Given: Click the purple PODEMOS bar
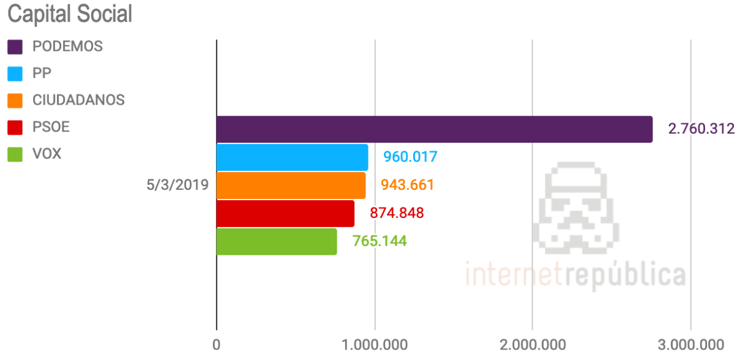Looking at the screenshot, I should [434, 129].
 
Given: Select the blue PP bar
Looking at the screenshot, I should [292, 157].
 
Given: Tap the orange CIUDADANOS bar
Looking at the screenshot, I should [291, 185].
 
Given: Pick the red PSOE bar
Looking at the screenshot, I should [285, 213].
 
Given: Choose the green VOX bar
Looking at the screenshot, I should [277, 241].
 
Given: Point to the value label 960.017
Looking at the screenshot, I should [410, 157].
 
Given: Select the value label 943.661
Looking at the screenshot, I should [407, 185].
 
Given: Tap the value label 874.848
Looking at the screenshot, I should [397, 213].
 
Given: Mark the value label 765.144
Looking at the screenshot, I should [380, 241].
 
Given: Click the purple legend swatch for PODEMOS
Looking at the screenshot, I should [15, 47].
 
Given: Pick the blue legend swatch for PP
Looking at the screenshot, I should [15, 73].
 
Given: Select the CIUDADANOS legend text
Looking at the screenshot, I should [78, 100].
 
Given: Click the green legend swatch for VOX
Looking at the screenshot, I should [15, 154].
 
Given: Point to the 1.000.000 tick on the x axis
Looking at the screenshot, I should [374, 345].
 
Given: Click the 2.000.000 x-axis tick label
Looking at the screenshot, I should [531, 345].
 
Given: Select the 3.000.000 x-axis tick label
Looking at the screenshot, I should [690, 345].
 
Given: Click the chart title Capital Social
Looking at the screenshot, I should [69, 13].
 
